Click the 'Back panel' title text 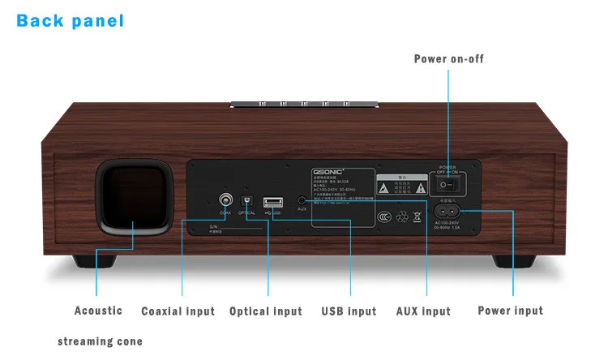click(x=71, y=19)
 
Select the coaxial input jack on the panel click(x=225, y=199)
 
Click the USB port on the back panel click(x=273, y=201)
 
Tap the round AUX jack click(x=302, y=198)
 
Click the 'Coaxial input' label click(x=178, y=311)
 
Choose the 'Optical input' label click(x=266, y=311)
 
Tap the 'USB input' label click(x=349, y=311)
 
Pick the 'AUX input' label click(x=423, y=311)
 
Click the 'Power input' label click(x=511, y=311)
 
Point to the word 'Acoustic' click(x=98, y=311)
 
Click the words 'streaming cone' click(x=100, y=341)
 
